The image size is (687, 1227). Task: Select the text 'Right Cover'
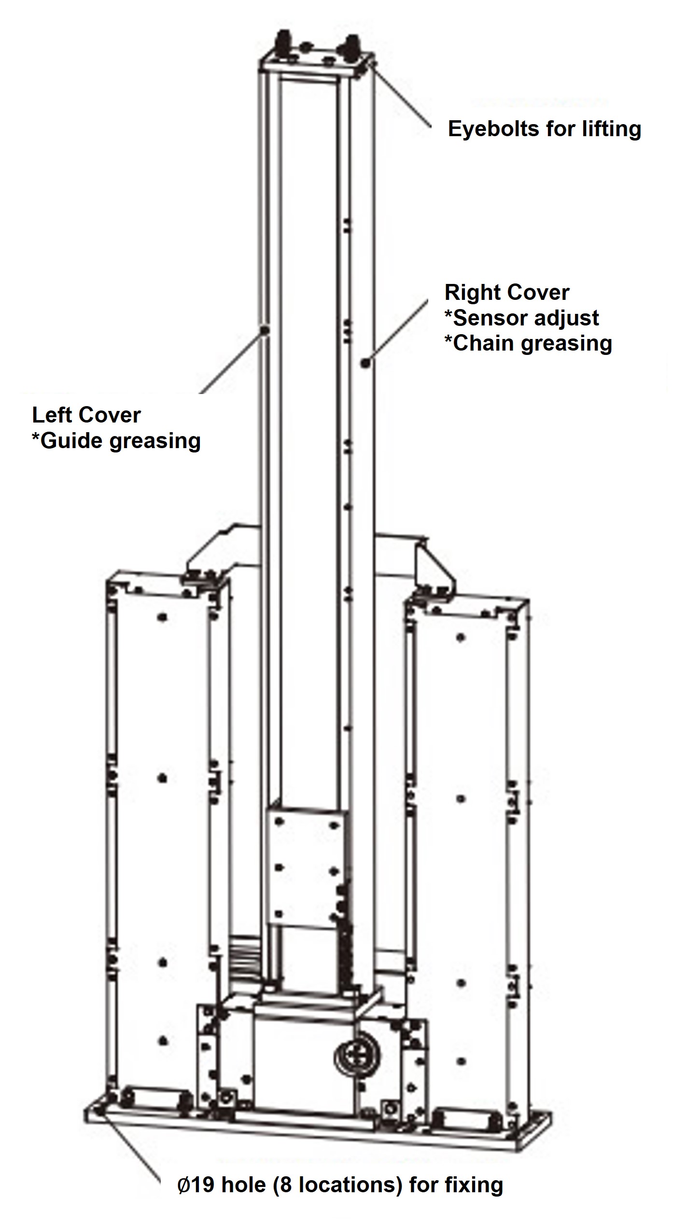click(x=506, y=293)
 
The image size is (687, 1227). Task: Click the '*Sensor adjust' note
click(x=521, y=318)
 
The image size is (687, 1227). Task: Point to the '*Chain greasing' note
click(x=528, y=343)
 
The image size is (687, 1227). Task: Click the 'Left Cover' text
click(x=86, y=415)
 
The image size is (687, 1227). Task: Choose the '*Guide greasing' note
click(x=116, y=441)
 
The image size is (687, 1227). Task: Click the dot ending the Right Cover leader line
click(x=365, y=364)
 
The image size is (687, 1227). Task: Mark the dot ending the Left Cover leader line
click(x=265, y=330)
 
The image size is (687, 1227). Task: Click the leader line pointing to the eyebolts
click(x=401, y=97)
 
